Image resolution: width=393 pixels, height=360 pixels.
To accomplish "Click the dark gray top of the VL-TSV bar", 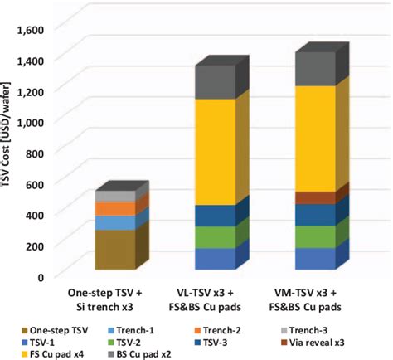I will (215, 81).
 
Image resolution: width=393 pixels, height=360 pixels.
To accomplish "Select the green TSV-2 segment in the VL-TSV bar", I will (215, 237).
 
